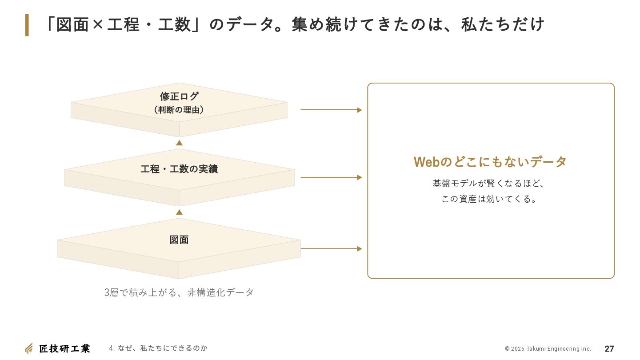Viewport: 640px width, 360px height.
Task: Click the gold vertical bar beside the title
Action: [x=27, y=25]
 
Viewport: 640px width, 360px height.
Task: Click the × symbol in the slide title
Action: [x=98, y=24]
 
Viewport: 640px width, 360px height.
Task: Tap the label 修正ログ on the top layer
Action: [x=179, y=96]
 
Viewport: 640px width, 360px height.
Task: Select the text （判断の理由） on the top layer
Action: [x=179, y=110]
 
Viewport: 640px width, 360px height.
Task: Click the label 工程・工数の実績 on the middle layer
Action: [x=179, y=169]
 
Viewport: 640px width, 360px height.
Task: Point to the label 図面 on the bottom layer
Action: [x=179, y=240]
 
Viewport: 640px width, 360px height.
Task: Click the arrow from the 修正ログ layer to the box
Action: [x=331, y=110]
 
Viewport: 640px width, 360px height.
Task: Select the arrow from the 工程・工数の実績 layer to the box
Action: [x=331, y=177]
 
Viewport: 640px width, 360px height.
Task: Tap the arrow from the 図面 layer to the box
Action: [x=331, y=248]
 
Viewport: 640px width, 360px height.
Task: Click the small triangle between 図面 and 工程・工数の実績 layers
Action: [x=179, y=212]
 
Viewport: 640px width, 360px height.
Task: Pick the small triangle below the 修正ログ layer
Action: [x=179, y=143]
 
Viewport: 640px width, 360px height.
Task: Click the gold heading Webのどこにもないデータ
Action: [x=490, y=162]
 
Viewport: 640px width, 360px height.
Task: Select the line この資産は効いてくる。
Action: [x=489, y=199]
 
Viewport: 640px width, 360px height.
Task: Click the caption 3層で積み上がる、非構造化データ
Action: [x=179, y=292]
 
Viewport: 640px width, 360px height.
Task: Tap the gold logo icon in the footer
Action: [x=29, y=348]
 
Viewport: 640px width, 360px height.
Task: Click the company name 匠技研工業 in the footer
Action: [x=64, y=348]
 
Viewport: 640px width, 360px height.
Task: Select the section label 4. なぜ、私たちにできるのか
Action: [x=158, y=348]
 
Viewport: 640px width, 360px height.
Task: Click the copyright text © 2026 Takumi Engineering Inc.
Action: [x=548, y=349]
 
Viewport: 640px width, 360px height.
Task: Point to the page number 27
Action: [x=609, y=349]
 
